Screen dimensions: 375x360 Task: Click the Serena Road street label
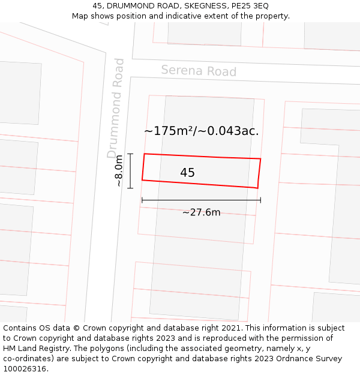(199, 71)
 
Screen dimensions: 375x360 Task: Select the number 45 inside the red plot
(187, 173)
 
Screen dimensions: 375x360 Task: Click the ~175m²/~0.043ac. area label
(202, 131)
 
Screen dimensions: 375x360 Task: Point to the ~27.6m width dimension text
(201, 212)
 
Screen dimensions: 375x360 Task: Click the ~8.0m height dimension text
(119, 171)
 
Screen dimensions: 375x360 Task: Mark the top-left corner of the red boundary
(144, 154)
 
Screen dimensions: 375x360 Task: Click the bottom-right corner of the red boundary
(258, 188)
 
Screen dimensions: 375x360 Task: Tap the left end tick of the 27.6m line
(142, 200)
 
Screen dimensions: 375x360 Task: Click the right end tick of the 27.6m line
(260, 200)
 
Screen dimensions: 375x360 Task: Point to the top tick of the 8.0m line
(130, 154)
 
